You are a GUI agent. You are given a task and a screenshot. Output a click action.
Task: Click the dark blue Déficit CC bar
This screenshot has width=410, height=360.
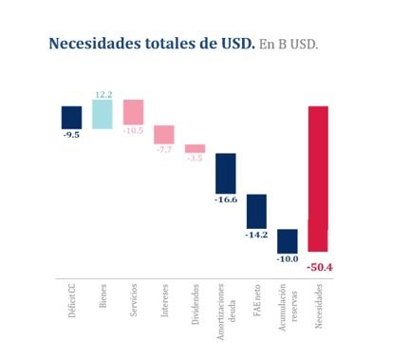72,117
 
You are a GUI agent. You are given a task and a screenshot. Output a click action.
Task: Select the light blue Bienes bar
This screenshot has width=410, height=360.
102,115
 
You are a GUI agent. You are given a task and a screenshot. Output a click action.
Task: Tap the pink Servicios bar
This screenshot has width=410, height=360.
133,112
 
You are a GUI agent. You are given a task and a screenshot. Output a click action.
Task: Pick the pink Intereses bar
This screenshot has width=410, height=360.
164,134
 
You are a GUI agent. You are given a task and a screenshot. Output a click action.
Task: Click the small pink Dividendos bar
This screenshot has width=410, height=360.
195,148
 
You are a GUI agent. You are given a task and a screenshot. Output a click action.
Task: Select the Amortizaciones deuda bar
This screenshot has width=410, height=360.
226,173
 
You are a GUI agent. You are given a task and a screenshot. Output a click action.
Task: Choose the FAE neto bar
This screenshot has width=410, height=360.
256,211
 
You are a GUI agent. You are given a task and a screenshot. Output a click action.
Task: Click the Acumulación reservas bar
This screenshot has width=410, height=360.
288,240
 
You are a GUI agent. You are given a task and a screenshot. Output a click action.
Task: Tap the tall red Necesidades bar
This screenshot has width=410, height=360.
318,178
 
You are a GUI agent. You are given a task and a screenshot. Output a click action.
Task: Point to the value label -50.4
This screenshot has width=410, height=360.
320,267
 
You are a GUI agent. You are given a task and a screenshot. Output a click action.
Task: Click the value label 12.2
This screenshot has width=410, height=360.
103,95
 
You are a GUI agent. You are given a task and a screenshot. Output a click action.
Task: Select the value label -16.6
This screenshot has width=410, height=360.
226,200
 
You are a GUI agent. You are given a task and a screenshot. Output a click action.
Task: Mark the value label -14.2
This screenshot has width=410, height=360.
256,235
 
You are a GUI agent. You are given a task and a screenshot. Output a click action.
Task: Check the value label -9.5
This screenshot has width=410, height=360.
72,135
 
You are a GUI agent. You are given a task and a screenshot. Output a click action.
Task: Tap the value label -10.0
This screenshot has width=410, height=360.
288,258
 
